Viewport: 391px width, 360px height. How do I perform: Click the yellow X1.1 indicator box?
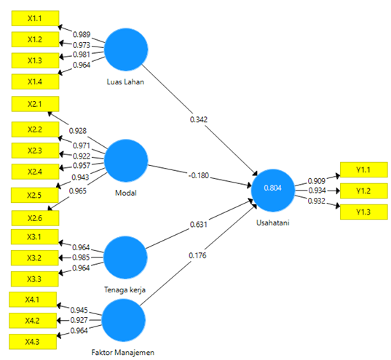click(x=35, y=18)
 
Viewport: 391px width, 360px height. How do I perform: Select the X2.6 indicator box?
click(x=35, y=218)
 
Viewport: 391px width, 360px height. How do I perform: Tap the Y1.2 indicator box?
click(x=364, y=191)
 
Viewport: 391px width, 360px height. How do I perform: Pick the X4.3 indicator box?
click(x=33, y=342)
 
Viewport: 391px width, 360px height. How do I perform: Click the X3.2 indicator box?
click(x=35, y=258)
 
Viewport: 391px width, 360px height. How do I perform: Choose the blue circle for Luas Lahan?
click(x=126, y=49)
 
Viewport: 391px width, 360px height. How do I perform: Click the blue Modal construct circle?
click(x=126, y=161)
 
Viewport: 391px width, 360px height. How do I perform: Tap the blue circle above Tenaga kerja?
click(x=125, y=257)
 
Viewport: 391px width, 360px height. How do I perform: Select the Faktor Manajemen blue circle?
click(x=124, y=320)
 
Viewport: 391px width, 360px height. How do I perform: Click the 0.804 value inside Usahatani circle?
click(x=273, y=188)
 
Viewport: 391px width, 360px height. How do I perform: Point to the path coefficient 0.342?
click(x=199, y=119)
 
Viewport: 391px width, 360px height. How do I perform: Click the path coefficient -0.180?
click(x=199, y=175)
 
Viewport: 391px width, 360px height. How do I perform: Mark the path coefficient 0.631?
click(x=199, y=225)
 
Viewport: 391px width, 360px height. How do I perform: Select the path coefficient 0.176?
click(x=197, y=255)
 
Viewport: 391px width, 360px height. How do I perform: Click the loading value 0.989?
click(x=82, y=34)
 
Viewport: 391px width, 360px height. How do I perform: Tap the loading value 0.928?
click(x=78, y=131)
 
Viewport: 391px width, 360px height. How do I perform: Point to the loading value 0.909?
click(x=317, y=181)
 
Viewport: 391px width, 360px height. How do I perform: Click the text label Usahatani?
click(x=273, y=223)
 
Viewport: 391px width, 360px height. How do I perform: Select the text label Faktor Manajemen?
click(x=123, y=352)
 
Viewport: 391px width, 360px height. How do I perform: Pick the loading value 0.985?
click(x=81, y=257)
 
